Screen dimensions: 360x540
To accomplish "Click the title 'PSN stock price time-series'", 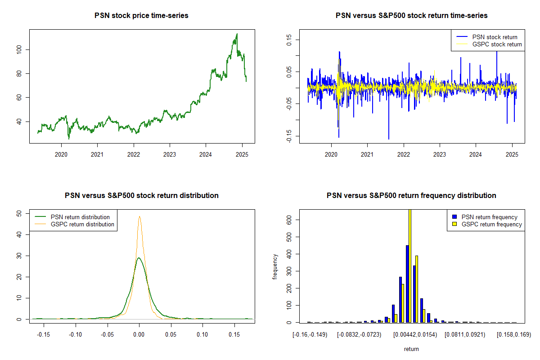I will click(x=141, y=16).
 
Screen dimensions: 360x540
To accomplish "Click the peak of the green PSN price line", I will click(x=237, y=34).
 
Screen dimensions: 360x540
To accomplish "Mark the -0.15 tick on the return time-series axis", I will click(x=289, y=135).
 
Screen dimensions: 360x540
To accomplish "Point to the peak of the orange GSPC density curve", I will click(x=139, y=216).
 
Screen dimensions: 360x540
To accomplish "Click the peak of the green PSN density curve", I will click(x=139, y=258).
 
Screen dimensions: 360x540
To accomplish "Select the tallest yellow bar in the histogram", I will click(x=409, y=265).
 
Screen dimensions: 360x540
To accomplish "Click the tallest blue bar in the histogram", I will click(x=407, y=283).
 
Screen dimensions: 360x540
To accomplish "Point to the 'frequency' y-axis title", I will click(x=275, y=266).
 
